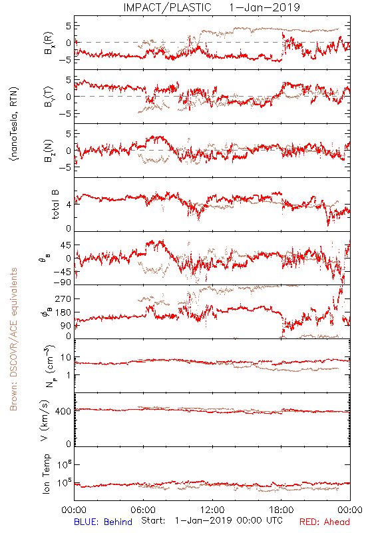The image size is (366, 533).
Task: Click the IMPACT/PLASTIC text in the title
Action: (168, 7)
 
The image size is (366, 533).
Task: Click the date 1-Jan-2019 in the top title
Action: (264, 7)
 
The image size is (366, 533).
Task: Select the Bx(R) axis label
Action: (49, 43)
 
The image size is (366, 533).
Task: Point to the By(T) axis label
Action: (49, 97)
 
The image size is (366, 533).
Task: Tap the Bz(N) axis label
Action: (49, 151)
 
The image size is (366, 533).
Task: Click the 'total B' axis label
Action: (55, 204)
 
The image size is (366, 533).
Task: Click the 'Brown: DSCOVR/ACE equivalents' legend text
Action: (13, 339)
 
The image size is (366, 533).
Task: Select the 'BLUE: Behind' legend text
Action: (103, 522)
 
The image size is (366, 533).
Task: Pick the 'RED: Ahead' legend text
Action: (325, 522)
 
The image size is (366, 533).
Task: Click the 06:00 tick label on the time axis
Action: (143, 510)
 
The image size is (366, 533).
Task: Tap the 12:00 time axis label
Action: (212, 510)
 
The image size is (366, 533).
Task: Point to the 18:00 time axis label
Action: (281, 510)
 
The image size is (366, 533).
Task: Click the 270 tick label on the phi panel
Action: (63, 298)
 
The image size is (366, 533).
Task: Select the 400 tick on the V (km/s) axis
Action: (63, 411)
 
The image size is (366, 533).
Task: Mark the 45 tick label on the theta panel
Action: (66, 245)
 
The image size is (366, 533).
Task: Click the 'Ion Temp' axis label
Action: (47, 474)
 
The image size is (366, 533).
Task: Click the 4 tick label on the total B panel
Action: (69, 205)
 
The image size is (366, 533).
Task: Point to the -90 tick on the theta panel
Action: (63, 282)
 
